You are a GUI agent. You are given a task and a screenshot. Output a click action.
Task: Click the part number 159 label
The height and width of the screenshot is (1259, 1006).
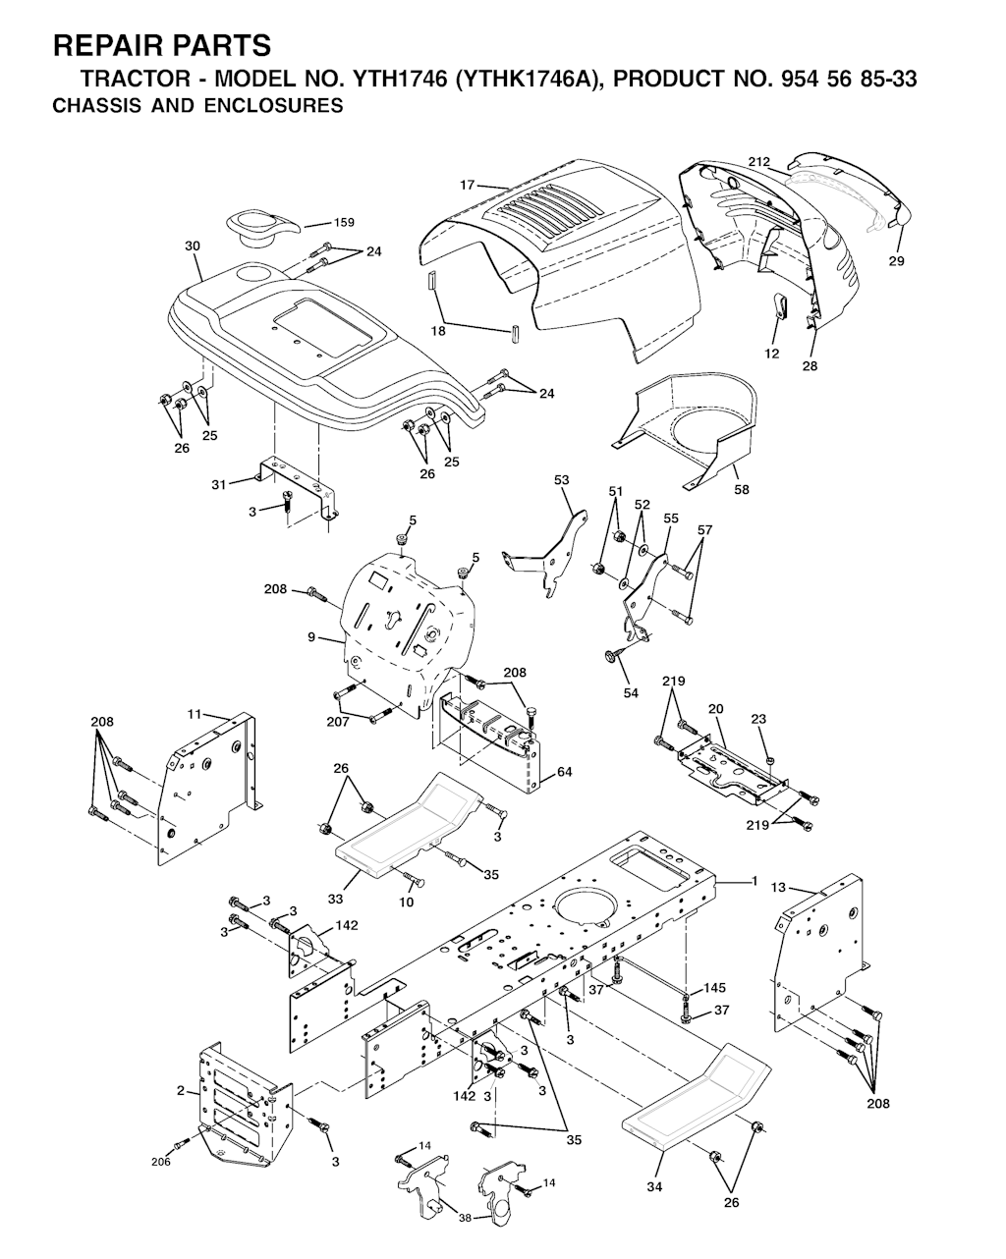point(344,222)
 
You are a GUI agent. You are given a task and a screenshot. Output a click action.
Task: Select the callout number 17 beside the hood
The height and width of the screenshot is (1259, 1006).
point(467,186)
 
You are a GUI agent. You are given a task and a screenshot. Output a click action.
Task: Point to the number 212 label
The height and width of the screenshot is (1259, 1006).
point(759,161)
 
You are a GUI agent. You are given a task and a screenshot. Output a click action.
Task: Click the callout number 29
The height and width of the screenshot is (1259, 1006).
point(896,261)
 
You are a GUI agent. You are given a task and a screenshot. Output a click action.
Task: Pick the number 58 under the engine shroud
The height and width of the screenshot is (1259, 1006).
point(741,489)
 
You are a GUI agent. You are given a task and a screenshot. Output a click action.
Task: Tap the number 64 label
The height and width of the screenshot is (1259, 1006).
point(564,772)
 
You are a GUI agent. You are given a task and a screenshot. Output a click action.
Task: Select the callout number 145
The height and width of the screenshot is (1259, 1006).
point(714,988)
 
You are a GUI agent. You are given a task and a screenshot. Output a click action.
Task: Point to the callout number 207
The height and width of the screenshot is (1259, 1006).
point(338,722)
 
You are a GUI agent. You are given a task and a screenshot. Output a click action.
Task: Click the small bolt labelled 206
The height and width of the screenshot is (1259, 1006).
point(184,1142)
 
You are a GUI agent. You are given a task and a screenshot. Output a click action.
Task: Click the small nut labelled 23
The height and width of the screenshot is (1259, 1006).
point(771,760)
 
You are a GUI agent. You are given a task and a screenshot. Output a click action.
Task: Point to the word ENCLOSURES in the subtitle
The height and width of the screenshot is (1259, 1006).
point(273,106)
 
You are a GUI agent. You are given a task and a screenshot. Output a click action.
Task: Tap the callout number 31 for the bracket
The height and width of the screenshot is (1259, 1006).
point(218,484)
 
